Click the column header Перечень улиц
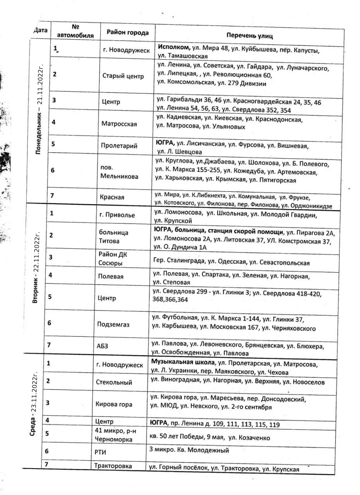point(250,36)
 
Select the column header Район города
point(125,32)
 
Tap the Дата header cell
point(41,30)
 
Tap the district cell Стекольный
point(114,382)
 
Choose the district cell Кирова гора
point(113,405)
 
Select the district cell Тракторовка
point(113,466)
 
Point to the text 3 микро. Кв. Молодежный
point(189,450)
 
